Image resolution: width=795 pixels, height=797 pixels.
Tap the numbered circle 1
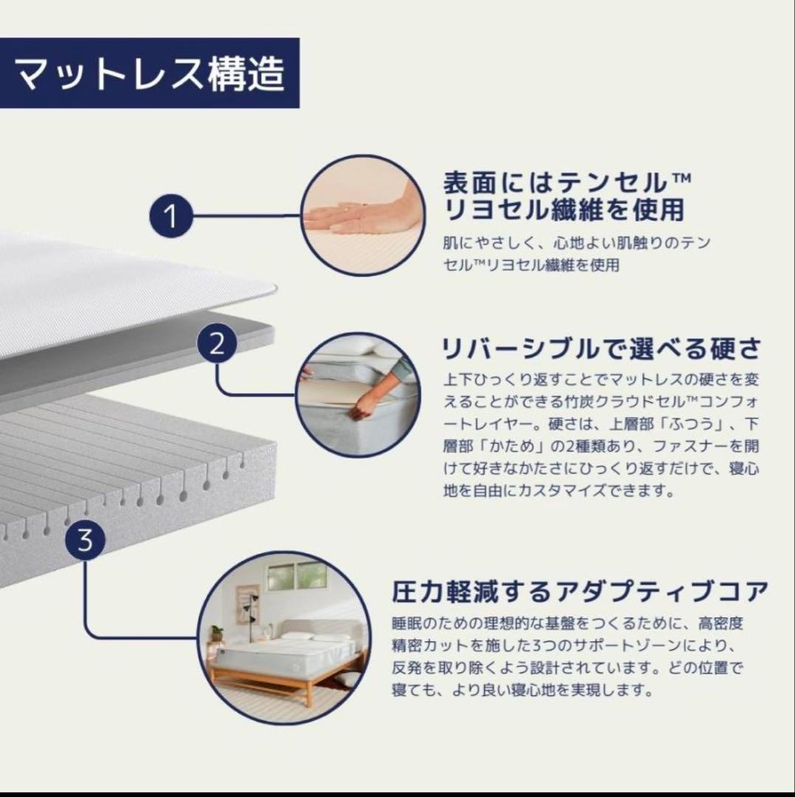pyautogui.click(x=171, y=217)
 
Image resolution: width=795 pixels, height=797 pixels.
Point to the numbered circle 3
pyautogui.click(x=86, y=542)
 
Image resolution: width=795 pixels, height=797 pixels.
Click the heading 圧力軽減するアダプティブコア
pyautogui.click(x=580, y=591)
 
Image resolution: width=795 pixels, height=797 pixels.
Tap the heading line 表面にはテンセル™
pyautogui.click(x=567, y=181)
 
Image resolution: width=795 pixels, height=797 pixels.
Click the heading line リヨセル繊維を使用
pyautogui.click(x=563, y=210)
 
